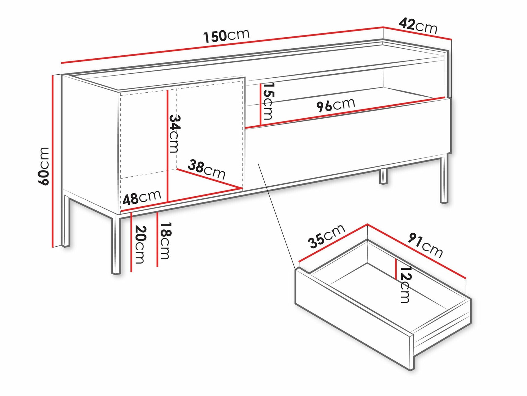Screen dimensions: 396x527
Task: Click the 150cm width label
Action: pyautogui.click(x=226, y=35)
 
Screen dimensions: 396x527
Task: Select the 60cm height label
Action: pyautogui.click(x=43, y=166)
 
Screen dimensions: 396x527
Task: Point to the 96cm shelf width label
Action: pyautogui.click(x=336, y=105)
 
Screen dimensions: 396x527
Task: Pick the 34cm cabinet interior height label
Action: pyautogui.click(x=174, y=133)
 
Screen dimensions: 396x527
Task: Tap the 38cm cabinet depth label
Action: pyautogui.click(x=206, y=169)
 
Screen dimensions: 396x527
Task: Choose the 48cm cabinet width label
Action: pyautogui.click(x=142, y=197)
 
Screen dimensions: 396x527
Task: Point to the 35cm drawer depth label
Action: pyautogui.click(x=326, y=236)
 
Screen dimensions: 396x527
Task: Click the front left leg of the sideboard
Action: pyautogui.click(x=116, y=245)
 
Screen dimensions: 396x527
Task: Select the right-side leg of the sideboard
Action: pyautogui.click(x=444, y=180)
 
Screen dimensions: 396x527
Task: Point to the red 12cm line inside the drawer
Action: pyautogui.click(x=396, y=269)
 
